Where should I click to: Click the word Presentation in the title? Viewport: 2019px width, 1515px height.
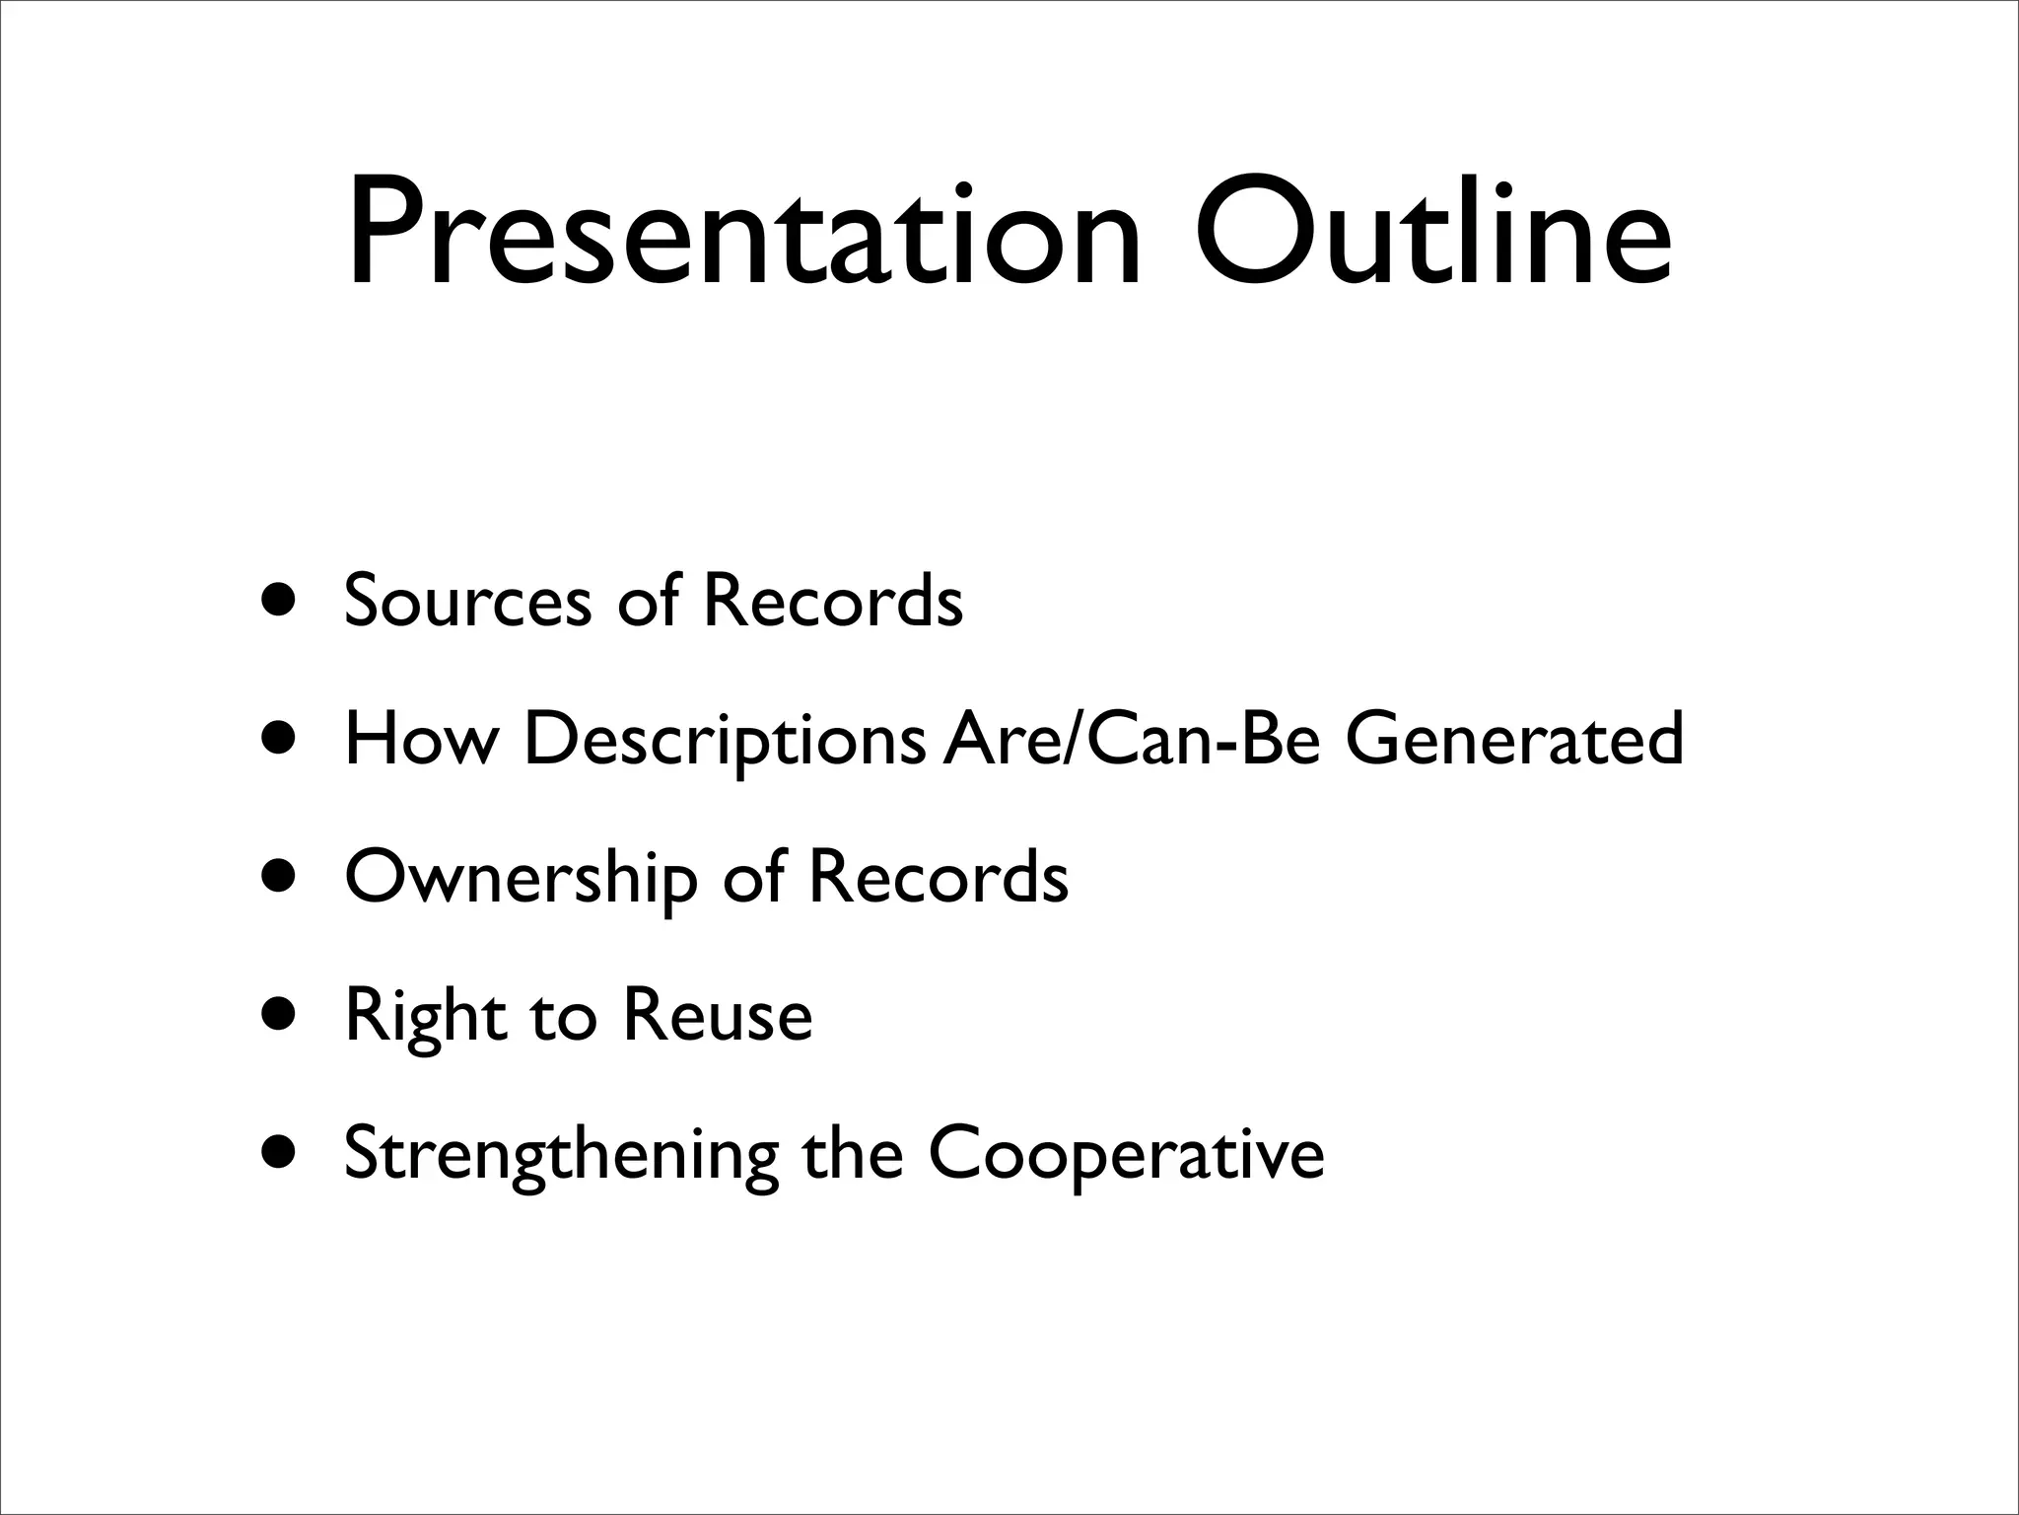pos(744,234)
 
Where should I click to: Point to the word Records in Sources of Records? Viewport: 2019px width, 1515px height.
pos(832,601)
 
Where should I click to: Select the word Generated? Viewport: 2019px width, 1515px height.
pos(1514,739)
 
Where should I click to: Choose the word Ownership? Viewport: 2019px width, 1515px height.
pos(521,878)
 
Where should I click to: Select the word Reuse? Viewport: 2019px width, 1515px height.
pos(717,1015)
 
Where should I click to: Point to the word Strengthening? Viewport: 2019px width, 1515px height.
pos(561,1155)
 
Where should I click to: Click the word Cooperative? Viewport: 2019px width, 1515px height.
pos(1126,1155)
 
